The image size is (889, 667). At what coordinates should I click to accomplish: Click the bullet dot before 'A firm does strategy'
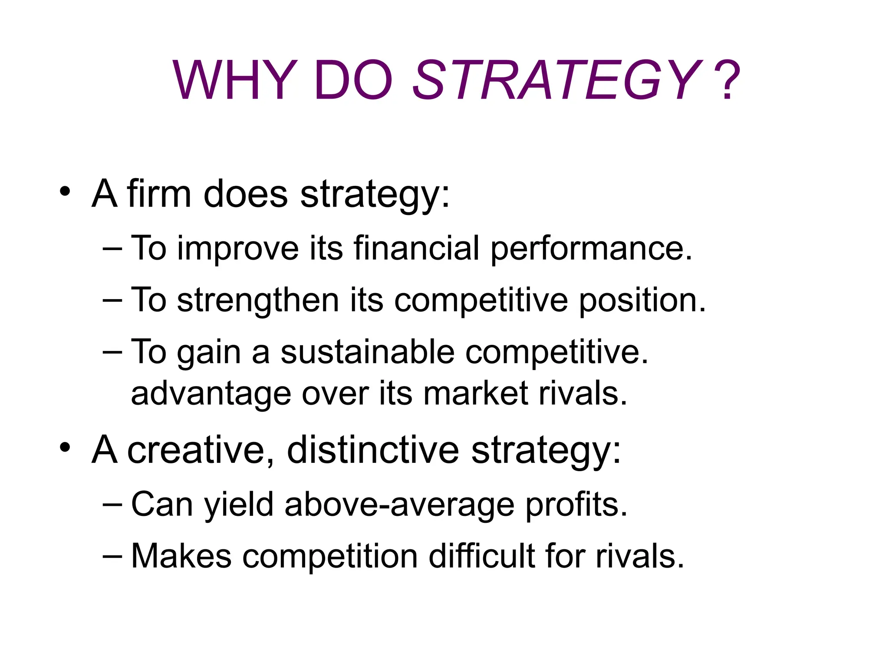pos(65,192)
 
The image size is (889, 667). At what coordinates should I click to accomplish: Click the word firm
pos(159,194)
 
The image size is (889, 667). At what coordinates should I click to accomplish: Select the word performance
pos(591,248)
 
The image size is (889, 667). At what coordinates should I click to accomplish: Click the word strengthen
pos(258,300)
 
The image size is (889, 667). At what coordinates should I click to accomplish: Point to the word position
pos(642,301)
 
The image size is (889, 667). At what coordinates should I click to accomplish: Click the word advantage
pos(211,394)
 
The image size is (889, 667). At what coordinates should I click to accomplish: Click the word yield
pos(239,505)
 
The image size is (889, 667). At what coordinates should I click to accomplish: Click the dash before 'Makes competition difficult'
pos(112,555)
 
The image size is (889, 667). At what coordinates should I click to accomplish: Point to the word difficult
pos(482,555)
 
